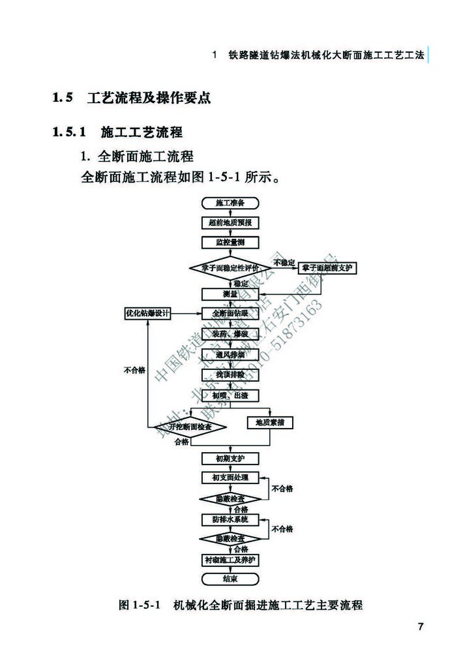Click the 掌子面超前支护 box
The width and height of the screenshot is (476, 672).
329,268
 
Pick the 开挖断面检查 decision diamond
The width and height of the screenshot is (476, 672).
190,427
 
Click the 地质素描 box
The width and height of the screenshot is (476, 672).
270,423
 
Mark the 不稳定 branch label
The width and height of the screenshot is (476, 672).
284,262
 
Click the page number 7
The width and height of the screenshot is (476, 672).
421,628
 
